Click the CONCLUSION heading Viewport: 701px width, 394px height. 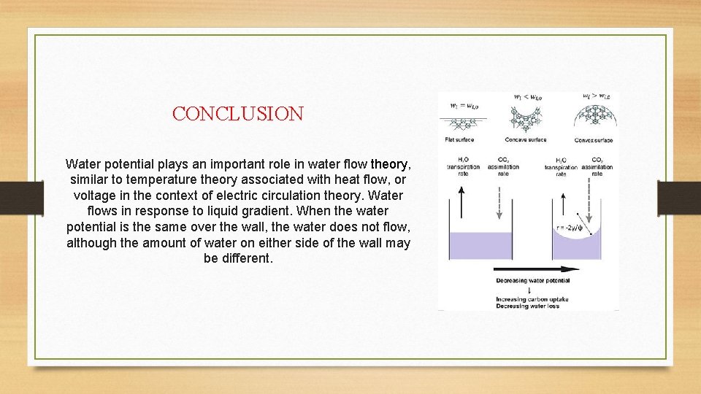coord(237,114)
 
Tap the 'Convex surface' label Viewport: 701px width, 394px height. coord(593,140)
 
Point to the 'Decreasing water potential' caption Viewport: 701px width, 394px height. coord(532,280)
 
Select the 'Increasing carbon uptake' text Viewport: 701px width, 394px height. coord(532,300)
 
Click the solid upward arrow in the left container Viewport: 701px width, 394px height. coord(461,204)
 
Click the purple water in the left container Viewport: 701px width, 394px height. coord(472,245)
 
